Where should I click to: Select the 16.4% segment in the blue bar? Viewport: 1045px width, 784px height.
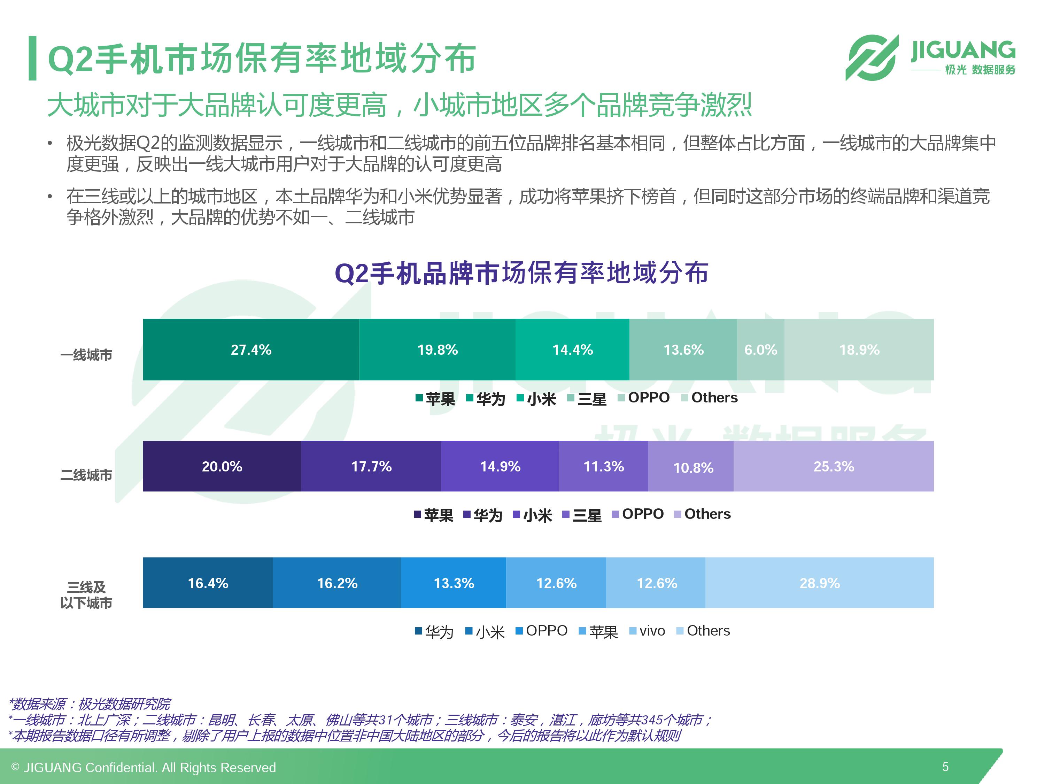coord(208,583)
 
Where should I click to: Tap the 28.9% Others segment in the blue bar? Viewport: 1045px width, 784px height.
coord(820,583)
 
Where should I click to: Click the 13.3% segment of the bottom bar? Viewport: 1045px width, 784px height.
coord(454,583)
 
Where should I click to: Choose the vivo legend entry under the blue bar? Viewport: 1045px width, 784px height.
coord(647,631)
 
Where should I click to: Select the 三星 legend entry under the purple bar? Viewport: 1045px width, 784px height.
coord(582,515)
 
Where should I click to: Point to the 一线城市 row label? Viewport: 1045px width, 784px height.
coord(86,354)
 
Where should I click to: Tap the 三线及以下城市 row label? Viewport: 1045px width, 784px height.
coord(86,595)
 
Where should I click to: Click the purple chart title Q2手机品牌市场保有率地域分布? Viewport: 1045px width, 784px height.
coord(521,273)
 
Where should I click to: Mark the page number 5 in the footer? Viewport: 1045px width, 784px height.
coord(945,767)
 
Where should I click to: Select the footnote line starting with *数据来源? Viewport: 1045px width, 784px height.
coord(90,704)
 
